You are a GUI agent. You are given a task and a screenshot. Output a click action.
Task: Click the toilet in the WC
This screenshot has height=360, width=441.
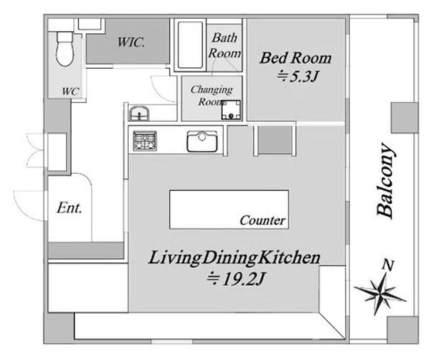click(x=65, y=49)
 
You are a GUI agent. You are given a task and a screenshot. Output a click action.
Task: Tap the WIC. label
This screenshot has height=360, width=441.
click(x=131, y=43)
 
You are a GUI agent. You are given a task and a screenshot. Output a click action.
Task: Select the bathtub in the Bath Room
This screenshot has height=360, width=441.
click(x=191, y=45)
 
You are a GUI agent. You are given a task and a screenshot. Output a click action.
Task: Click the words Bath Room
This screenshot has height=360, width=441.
click(x=225, y=45)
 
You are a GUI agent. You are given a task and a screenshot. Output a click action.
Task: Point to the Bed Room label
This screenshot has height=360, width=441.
click(x=295, y=58)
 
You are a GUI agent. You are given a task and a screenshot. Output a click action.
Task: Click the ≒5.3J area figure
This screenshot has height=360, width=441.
click(x=297, y=77)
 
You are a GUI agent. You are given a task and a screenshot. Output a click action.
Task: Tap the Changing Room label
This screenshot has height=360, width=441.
click(x=212, y=95)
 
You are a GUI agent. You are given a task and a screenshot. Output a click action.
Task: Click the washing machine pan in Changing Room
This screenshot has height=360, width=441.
click(x=231, y=110)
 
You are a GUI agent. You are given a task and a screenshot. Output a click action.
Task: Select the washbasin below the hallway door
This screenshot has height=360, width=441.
click(x=139, y=114)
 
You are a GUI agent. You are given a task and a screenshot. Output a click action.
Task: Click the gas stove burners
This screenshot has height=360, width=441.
click(x=145, y=141)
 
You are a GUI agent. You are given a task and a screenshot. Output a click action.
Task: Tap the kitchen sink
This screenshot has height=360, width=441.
click(x=202, y=141)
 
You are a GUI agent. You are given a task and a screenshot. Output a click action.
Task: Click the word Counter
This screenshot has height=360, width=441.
click(x=263, y=220)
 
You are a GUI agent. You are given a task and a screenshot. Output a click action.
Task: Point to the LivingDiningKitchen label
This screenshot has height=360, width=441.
click(x=234, y=258)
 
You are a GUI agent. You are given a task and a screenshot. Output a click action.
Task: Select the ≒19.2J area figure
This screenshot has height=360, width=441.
click(x=236, y=279)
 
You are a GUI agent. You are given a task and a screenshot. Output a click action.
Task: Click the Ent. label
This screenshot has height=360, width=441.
click(x=69, y=208)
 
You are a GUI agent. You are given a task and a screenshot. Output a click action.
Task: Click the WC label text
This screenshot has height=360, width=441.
click(x=70, y=91)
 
